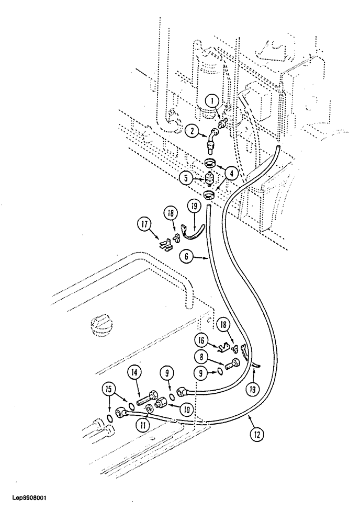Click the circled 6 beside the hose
(x=186, y=257)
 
